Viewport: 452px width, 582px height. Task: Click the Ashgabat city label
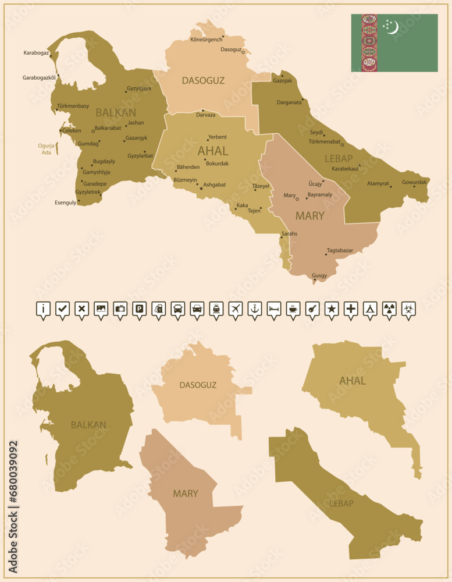point(214,184)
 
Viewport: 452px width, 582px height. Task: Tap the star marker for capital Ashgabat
point(201,188)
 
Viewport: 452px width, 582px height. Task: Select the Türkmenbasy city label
point(73,106)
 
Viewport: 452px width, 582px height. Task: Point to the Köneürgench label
point(207,40)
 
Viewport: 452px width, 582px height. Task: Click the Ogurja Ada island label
point(45,150)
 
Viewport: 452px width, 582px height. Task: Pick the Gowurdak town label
point(414,182)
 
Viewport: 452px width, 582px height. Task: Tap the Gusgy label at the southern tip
point(319,275)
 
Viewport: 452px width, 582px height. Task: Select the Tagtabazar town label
point(340,250)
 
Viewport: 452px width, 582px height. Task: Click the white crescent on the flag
point(393,27)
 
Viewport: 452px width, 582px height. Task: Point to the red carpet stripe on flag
point(369,43)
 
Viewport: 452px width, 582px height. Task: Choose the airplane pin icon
point(236,309)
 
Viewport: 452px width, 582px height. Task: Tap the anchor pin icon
point(255,309)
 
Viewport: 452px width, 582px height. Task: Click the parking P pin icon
point(139,309)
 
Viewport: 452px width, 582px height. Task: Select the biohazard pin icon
point(408,309)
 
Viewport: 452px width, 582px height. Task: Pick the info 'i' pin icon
point(43,309)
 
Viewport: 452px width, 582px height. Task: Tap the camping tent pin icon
point(369,309)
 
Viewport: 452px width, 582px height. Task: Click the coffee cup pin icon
point(293,309)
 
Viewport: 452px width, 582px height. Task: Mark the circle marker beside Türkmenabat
point(342,145)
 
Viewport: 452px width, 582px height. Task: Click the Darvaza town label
point(205,115)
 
